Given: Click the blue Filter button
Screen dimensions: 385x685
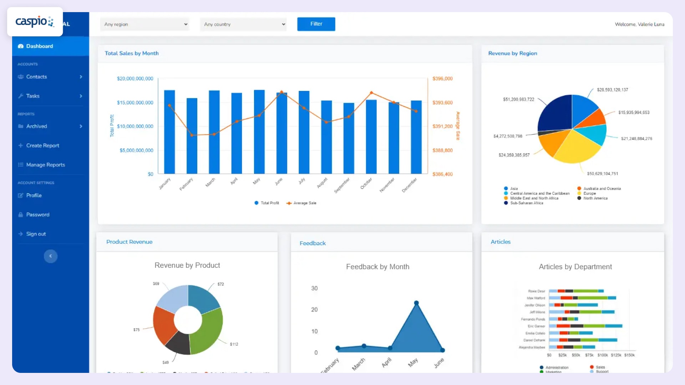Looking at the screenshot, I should tap(316, 24).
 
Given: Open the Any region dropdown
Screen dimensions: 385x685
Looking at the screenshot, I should tap(144, 24).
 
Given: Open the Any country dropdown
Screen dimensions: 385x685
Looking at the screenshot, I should tap(244, 24).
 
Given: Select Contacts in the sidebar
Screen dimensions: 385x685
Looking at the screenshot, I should tap(36, 77).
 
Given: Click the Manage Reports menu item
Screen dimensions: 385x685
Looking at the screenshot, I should tap(45, 165).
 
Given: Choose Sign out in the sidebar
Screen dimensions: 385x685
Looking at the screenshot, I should tap(36, 234).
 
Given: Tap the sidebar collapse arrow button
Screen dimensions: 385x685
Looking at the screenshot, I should tap(51, 256).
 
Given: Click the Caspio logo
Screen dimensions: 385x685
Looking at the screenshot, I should tap(35, 22).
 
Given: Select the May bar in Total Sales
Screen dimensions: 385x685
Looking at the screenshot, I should tap(259, 132).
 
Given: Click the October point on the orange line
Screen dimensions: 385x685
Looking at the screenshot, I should tap(371, 93).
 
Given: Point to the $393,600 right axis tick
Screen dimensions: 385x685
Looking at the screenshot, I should tap(442, 103).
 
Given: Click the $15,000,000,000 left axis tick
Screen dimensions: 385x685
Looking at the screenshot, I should tap(135, 103).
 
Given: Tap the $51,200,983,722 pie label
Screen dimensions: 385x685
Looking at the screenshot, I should tap(518, 99).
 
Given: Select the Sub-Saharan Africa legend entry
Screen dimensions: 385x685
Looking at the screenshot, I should tap(526, 203).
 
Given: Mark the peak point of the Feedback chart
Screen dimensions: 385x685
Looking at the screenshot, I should tap(416, 303).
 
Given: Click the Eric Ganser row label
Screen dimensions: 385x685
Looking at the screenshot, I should tap(536, 326).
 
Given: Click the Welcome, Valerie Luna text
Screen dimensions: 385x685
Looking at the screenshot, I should tap(639, 24).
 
